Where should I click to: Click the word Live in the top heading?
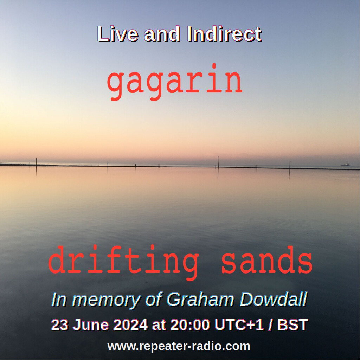point(118,34)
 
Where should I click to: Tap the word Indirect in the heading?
point(225,34)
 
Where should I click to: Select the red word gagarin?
point(175,82)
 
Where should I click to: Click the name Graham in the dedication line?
point(200,300)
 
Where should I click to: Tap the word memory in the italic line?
point(106,301)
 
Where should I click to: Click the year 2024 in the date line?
point(130,325)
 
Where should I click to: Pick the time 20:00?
point(190,325)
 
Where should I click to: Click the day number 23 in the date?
point(60,325)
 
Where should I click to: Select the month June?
point(91,325)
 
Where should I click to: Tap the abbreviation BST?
point(292,325)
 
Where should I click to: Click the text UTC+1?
point(239,325)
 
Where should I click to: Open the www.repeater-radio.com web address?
point(179,346)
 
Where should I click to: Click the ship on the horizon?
point(345,165)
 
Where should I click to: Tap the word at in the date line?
point(159,325)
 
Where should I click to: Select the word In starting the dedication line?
point(59,300)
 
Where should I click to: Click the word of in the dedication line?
point(154,300)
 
